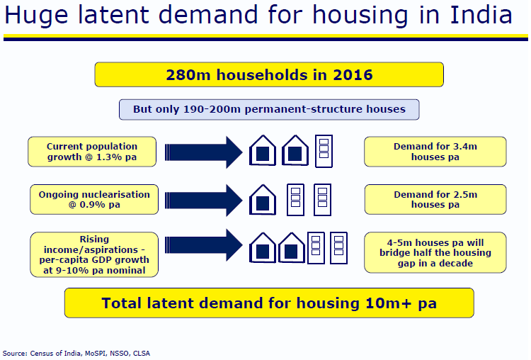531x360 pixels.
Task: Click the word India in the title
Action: [481, 15]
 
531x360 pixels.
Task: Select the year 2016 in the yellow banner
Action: [353, 75]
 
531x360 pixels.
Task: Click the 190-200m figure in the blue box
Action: [212, 109]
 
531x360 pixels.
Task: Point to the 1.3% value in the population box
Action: [110, 157]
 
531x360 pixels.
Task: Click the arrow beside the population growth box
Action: [203, 152]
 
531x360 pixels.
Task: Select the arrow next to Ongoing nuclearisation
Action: [203, 201]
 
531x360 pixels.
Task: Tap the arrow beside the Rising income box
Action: [203, 245]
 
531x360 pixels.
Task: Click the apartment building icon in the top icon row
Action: [324, 151]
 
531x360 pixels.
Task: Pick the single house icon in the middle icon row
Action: [263, 200]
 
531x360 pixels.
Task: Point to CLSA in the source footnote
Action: [141, 354]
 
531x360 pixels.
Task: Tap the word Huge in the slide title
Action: [36, 16]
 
